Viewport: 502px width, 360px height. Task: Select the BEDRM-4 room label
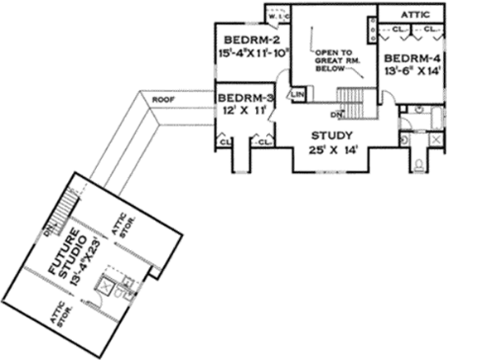coord(411,59)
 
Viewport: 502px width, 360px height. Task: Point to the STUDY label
coord(331,136)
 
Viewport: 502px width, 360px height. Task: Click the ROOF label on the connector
coord(162,100)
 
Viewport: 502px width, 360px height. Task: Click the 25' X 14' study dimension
coord(331,150)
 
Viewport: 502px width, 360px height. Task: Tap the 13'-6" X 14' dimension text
coord(412,72)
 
